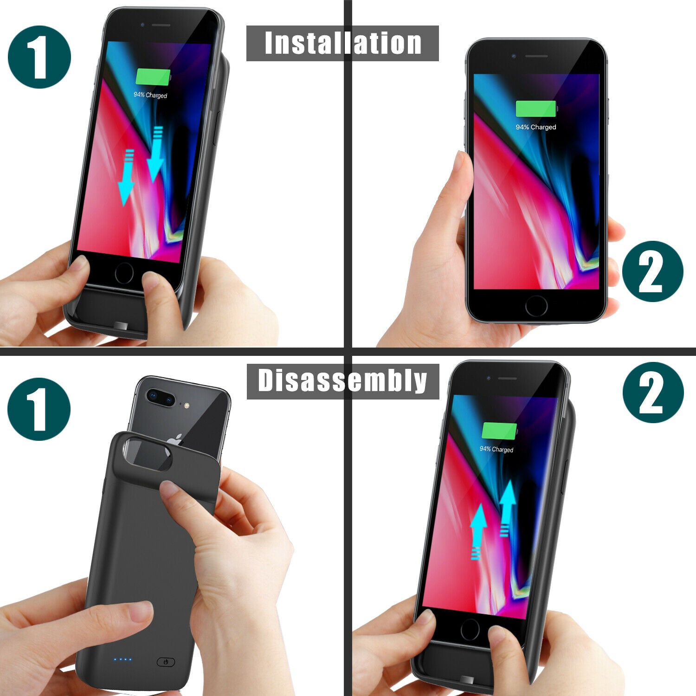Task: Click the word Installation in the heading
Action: (342, 43)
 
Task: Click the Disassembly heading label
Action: (342, 381)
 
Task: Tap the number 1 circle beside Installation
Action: (39, 57)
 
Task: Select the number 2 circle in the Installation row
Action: (652, 271)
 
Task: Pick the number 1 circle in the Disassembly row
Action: (39, 409)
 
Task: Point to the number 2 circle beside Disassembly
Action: (653, 393)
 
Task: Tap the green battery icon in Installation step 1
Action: (153, 77)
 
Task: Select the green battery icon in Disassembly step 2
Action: (499, 432)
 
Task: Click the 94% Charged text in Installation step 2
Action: (536, 127)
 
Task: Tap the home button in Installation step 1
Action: (124, 273)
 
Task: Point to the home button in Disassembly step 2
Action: (470, 630)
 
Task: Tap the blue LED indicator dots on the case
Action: (123, 659)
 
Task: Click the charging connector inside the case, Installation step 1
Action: (122, 326)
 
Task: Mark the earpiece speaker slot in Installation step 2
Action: (536, 57)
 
